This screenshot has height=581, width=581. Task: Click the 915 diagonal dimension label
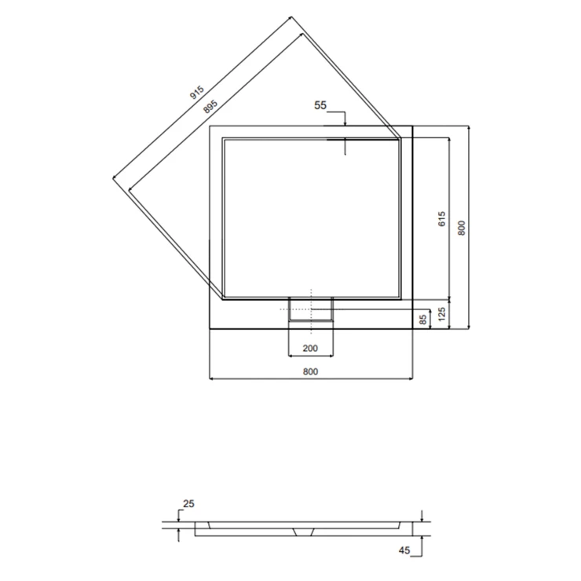coord(197,93)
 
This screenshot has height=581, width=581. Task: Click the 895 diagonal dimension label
coord(210,107)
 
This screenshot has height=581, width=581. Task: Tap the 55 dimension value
coord(320,105)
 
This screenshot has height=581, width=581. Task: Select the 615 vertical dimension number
coord(442,219)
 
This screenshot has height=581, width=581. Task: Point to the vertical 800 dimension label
coord(462,228)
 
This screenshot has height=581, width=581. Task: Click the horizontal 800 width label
coord(310,371)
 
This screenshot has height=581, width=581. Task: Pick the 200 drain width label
coord(310,349)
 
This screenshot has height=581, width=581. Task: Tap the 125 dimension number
coord(442,314)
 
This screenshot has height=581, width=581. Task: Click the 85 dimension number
coord(423,320)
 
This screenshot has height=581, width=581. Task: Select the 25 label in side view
coord(188,503)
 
